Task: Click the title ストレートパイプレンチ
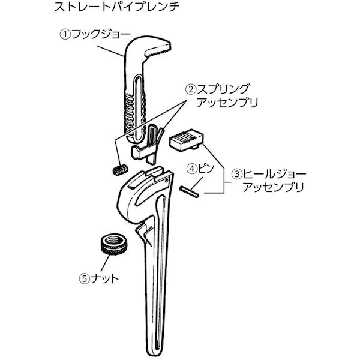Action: click(117, 7)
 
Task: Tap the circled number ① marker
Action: click(65, 35)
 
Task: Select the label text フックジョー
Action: click(101, 35)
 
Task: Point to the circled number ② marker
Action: click(191, 89)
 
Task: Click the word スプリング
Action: click(223, 89)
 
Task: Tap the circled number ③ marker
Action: click(236, 174)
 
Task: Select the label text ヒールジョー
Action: click(274, 174)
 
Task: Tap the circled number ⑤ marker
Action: click(84, 279)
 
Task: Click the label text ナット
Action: click(104, 279)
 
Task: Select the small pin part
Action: click(189, 192)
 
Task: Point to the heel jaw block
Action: click(187, 141)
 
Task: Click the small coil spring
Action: click(120, 170)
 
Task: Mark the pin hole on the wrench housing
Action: click(166, 181)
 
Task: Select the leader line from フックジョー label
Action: click(111, 51)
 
